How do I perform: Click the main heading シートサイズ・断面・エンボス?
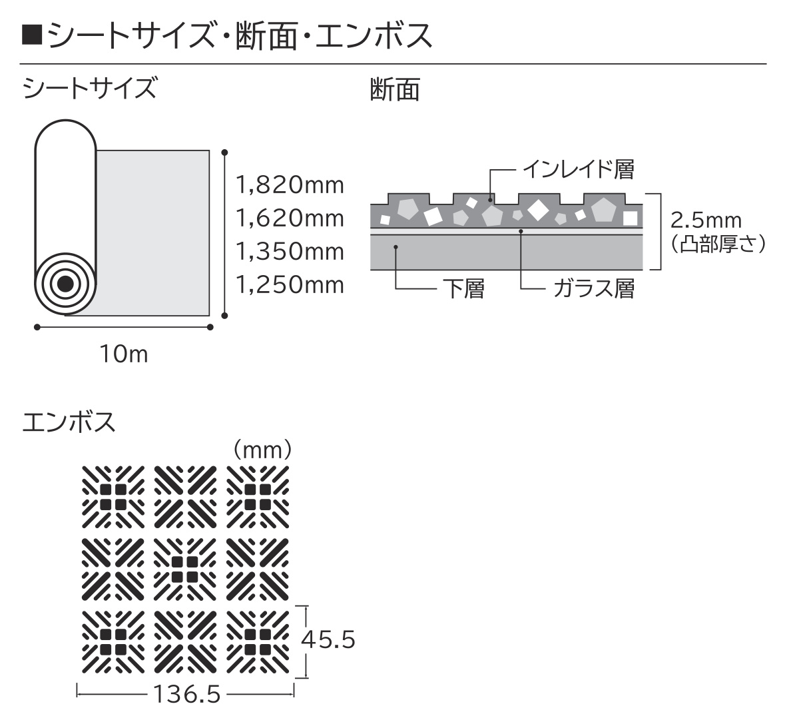click(240, 36)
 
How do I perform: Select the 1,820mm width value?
click(290, 185)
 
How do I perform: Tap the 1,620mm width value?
click(290, 218)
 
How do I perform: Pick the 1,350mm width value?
click(290, 252)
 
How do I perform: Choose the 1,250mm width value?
click(290, 284)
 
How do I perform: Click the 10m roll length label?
click(124, 354)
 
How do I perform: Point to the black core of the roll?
click(65, 284)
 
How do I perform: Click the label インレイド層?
click(579, 169)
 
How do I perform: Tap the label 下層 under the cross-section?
click(464, 288)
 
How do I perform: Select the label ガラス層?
click(595, 288)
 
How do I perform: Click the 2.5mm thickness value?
click(706, 220)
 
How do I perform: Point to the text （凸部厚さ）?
click(718, 244)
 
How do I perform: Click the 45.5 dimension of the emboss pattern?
click(328, 639)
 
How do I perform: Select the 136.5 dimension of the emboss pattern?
click(186, 694)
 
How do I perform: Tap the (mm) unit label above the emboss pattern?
click(262, 450)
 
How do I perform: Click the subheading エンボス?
click(69, 422)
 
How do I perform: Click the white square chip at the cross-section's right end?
click(630, 218)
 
